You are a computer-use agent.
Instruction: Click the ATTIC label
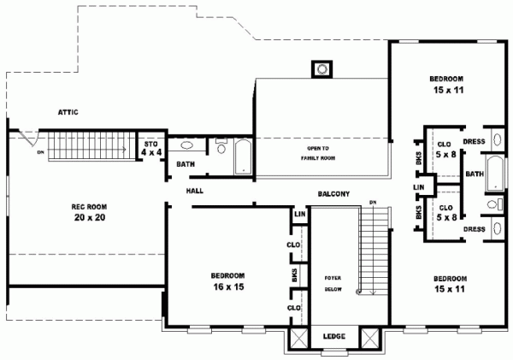coord(69,111)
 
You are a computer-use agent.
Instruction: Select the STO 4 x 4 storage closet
coord(151,149)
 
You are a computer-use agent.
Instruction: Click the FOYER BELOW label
coord(333,285)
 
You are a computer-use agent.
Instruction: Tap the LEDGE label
coord(334,336)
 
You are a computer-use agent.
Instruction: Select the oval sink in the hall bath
coord(186,145)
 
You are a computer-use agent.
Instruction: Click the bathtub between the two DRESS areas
coord(494,172)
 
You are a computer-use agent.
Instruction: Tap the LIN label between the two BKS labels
coord(419,187)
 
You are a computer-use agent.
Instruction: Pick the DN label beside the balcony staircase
coord(373,202)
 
